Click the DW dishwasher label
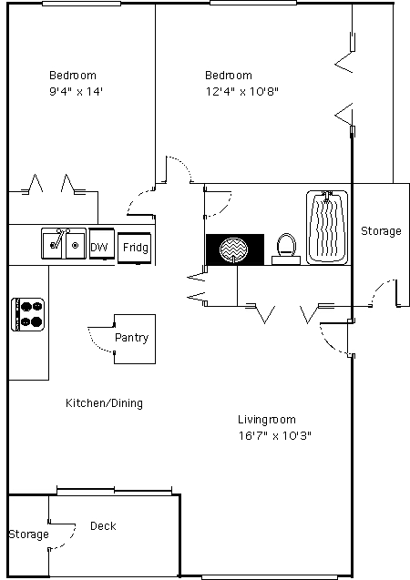click(98, 247)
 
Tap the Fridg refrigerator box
click(134, 248)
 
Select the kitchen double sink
click(64, 243)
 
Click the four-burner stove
click(27, 314)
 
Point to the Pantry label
click(132, 338)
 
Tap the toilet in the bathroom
click(286, 249)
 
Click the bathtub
click(327, 227)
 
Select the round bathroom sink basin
click(233, 249)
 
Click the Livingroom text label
click(266, 420)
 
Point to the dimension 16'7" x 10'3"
click(274, 435)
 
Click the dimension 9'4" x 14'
click(76, 91)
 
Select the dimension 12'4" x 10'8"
click(242, 91)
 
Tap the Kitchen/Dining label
click(104, 402)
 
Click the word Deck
click(103, 525)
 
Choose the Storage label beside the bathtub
click(381, 231)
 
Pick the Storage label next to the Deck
click(28, 534)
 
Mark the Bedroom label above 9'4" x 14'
click(73, 75)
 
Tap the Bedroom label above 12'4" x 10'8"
click(229, 75)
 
